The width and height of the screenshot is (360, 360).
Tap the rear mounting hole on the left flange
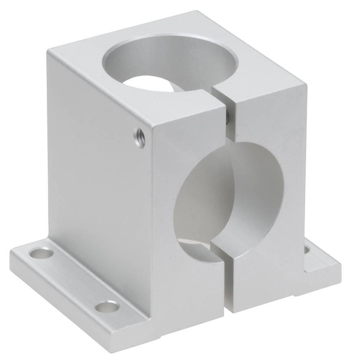pyautogui.click(x=41, y=254)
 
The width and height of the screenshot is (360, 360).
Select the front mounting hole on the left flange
pyautogui.click(x=107, y=306)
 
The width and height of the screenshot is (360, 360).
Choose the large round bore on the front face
pyautogui.click(x=219, y=195)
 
